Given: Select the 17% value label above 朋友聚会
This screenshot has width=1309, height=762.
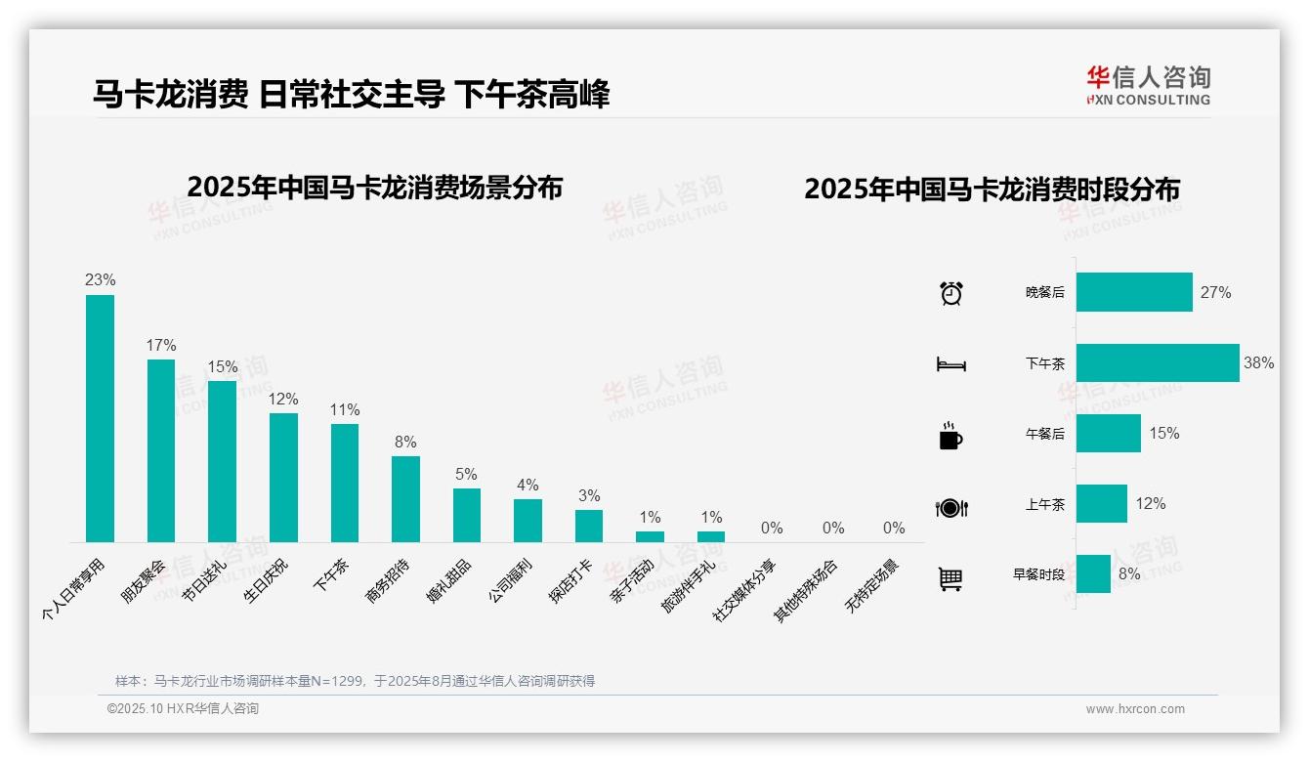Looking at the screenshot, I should (161, 346).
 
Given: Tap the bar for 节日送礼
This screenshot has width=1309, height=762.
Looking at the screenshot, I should (222, 461).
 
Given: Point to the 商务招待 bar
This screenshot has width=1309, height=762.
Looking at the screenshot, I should (405, 498).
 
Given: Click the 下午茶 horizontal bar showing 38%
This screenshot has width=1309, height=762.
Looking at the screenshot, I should (1158, 362).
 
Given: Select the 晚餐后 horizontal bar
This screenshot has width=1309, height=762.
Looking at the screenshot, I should (1134, 292).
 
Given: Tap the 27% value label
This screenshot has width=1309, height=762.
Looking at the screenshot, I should (1215, 292).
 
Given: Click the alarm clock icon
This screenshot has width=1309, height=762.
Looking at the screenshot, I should (951, 293).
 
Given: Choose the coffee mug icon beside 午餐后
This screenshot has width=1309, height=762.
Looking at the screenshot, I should (950, 435).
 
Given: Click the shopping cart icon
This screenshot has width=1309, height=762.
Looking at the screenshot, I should (950, 578).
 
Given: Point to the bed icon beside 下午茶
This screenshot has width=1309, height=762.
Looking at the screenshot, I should (950, 364).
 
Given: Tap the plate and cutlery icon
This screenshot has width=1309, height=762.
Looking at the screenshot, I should (950, 507).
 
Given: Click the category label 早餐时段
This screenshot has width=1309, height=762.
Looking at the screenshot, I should (1038, 574).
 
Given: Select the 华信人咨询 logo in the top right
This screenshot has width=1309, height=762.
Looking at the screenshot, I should (1149, 85).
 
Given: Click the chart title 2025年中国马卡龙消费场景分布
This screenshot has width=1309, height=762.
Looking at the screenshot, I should (374, 187).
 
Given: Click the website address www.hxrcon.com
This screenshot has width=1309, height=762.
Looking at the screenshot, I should (1134, 709).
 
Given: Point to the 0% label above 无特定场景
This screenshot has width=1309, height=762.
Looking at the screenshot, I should (894, 529).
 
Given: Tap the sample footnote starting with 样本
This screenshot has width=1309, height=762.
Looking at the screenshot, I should (355, 681).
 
